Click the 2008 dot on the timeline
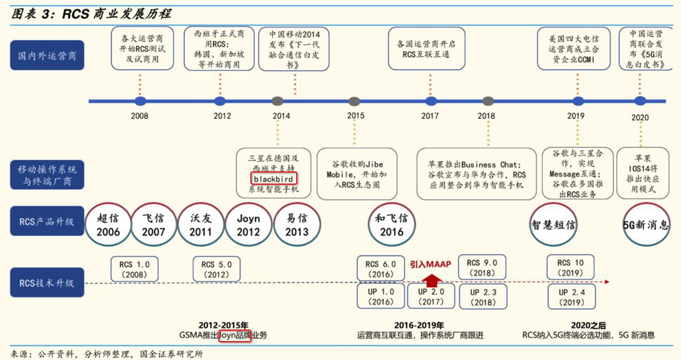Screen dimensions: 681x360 coord(140,101)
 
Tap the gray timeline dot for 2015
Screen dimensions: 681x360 coord(354,101)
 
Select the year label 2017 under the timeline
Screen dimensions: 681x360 coord(430,116)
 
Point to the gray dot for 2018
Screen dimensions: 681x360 coord(488,101)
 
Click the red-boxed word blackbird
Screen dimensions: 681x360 coord(274,179)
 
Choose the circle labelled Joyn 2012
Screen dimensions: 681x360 coord(248,225)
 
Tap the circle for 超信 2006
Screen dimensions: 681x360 coord(108,225)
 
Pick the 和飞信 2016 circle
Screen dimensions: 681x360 coord(391,225)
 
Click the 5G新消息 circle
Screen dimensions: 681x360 coord(646,225)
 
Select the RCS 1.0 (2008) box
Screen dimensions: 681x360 coord(134,269)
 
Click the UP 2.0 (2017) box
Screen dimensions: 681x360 coord(431,296)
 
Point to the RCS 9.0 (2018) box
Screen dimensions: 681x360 coord(482,267)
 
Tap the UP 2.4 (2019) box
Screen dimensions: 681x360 coord(572,297)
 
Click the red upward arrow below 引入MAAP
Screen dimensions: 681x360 coord(431,280)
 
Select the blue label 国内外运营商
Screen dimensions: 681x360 coord(47,55)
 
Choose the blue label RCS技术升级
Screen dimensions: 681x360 coord(47,283)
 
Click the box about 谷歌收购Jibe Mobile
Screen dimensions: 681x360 coord(357,174)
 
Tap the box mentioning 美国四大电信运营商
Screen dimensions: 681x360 coord(574,49)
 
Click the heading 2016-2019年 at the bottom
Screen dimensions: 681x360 coord(419,325)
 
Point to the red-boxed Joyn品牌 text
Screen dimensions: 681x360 coord(235,336)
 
